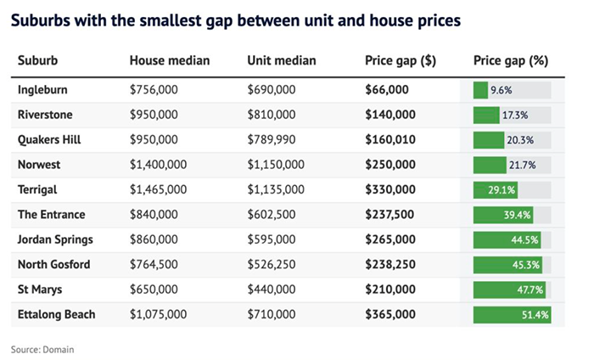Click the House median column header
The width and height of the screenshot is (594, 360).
170,60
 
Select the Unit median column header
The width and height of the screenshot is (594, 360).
282,60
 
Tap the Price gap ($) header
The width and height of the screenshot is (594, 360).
401,61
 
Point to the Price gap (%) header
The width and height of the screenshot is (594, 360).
511,61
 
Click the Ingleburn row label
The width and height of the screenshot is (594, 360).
42,90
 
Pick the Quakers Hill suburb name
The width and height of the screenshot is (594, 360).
49,140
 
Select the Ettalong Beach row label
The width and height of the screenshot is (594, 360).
57,314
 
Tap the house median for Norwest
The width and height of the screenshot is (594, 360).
159,165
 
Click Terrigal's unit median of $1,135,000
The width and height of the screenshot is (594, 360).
276,189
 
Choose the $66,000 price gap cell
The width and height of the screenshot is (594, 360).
387,90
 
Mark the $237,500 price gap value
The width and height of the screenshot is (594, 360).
389,215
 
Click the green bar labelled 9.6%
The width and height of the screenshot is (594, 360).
480,90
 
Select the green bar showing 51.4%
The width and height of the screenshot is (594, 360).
513,315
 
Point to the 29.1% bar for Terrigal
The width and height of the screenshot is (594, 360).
496,190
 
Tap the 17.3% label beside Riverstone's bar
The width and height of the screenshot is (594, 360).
515,115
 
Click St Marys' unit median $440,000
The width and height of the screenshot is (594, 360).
272,290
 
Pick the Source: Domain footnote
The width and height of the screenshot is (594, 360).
42,350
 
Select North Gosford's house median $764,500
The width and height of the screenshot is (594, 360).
154,265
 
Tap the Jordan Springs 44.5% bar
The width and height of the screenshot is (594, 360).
507,240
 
